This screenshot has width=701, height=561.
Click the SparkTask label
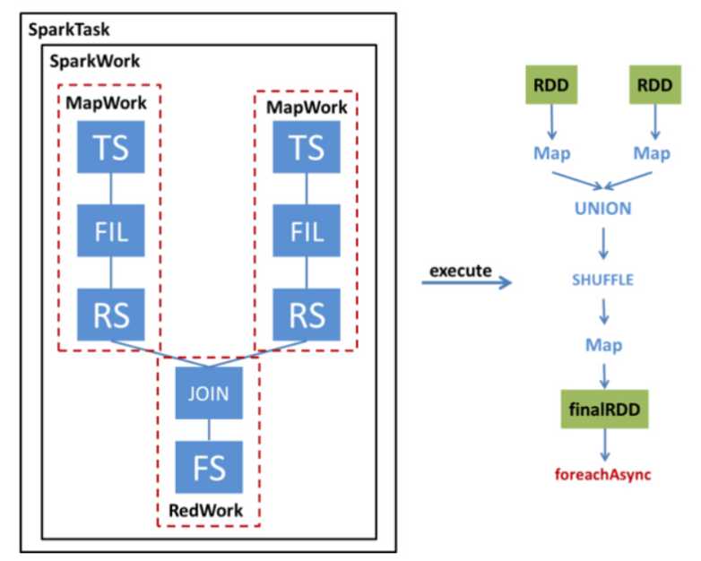tap(69, 30)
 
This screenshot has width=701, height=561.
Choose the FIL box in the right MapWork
tap(307, 232)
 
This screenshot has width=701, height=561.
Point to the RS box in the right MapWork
tap(307, 315)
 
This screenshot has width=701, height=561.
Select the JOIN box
tap(208, 393)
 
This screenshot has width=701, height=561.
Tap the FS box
tap(208, 467)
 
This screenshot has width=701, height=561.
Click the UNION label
tap(602, 209)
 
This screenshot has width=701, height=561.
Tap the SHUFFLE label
tap(602, 280)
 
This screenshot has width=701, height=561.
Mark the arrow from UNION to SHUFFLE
tap(602, 244)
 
